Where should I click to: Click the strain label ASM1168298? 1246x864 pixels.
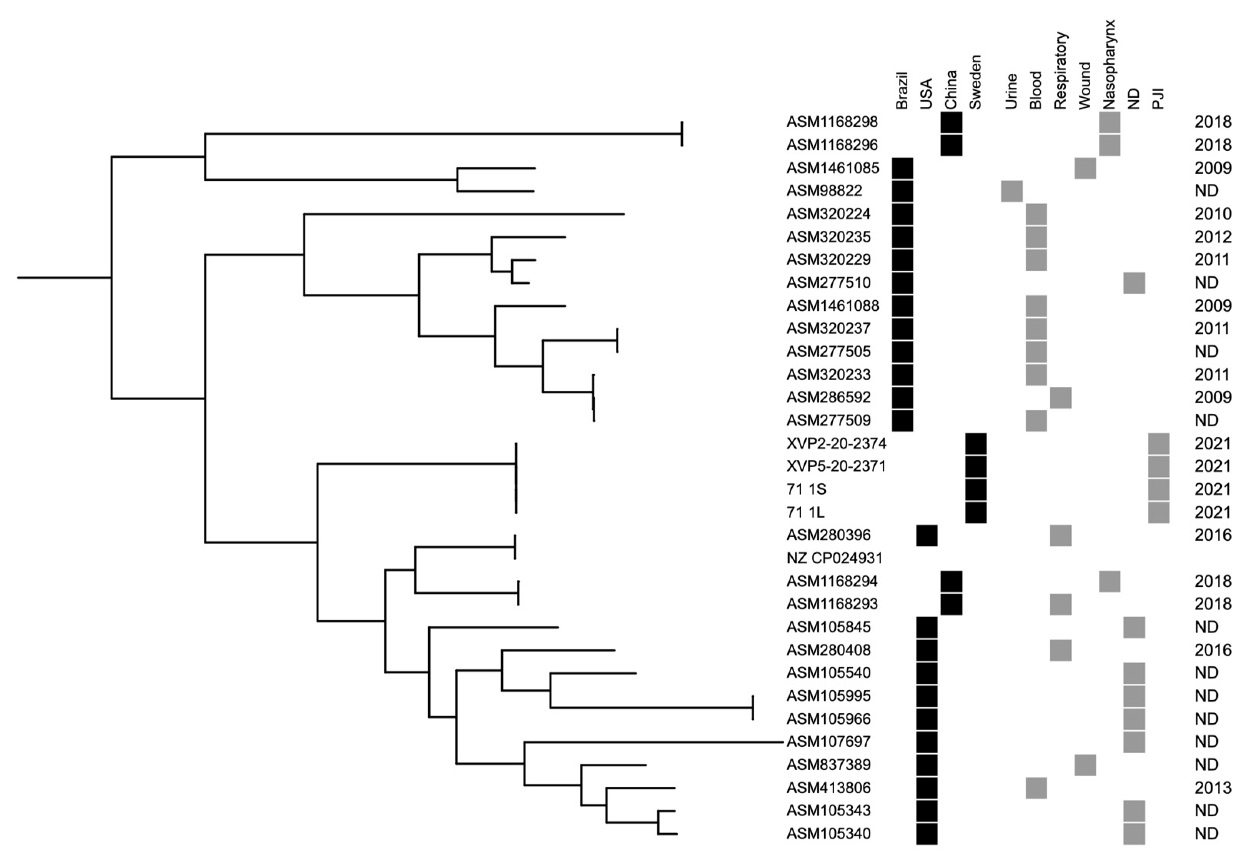click(832, 122)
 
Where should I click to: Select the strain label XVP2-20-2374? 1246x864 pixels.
click(836, 443)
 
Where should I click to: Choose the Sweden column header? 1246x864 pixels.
click(975, 82)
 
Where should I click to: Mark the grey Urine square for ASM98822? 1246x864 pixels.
click(1011, 191)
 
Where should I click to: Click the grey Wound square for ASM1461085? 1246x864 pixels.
click(1085, 168)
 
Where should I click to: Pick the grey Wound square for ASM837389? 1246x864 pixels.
click(1085, 764)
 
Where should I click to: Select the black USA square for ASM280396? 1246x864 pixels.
click(927, 535)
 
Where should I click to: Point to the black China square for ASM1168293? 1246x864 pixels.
click(952, 604)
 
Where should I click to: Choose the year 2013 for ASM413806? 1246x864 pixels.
click(1213, 787)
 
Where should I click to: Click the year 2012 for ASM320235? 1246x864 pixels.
click(1213, 237)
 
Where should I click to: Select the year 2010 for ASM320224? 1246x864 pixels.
click(1213, 214)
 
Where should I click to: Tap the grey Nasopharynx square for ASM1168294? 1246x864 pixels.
click(1110, 581)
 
